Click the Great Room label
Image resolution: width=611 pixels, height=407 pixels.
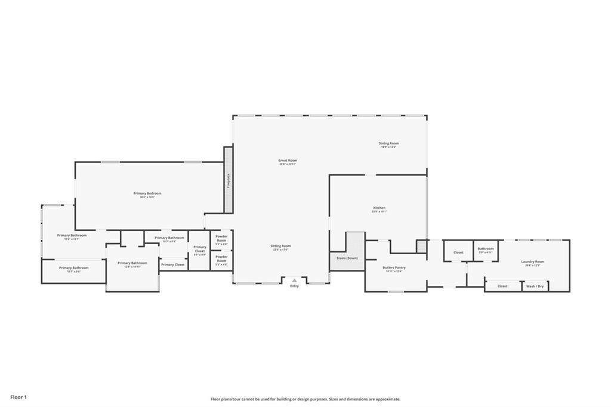pyautogui.click(x=288, y=161)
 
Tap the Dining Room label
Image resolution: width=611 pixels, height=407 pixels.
pyautogui.click(x=388, y=143)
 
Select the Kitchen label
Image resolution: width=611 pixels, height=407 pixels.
pyautogui.click(x=379, y=208)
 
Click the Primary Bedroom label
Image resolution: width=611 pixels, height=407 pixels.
pyautogui.click(x=147, y=193)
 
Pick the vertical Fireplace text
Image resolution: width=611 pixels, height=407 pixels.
pyautogui.click(x=228, y=180)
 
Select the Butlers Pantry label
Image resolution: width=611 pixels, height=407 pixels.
pyautogui.click(x=394, y=267)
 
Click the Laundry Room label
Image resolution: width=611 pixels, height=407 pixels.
pyautogui.click(x=532, y=261)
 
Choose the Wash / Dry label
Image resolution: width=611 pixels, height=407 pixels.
pyautogui.click(x=535, y=286)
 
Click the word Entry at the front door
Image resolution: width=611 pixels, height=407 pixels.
pyautogui.click(x=294, y=286)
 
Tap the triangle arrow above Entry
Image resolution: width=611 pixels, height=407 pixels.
pyautogui.click(x=294, y=280)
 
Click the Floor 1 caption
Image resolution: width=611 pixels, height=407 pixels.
pyautogui.click(x=18, y=397)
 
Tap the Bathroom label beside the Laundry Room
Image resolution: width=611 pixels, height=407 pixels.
pyautogui.click(x=485, y=249)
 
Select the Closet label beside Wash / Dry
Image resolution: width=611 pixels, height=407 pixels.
pyautogui.click(x=502, y=286)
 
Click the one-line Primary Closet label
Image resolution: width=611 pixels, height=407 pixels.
pyautogui.click(x=172, y=264)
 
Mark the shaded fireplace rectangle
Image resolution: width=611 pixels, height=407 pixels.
pyautogui.click(x=228, y=179)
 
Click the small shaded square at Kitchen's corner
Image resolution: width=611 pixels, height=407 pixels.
pyautogui.click(x=421, y=246)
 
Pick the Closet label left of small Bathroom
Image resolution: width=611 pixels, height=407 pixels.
pyautogui.click(x=458, y=252)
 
